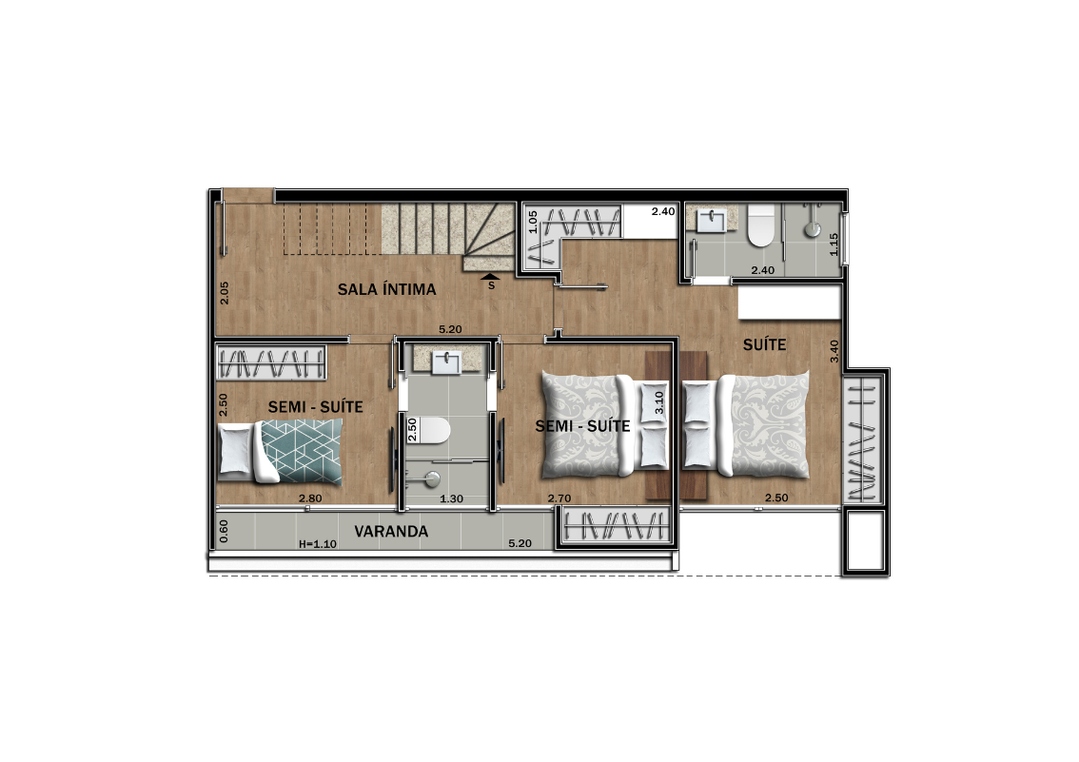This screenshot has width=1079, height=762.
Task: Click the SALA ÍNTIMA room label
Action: coord(386,289)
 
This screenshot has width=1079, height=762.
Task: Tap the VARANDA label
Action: coord(391,531)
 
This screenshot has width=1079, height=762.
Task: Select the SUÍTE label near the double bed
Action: coord(764,343)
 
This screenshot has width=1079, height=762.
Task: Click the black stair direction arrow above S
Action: coord(491,277)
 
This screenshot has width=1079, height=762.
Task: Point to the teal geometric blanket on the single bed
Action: coord(302,451)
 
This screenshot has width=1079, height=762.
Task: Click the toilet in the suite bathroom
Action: coord(761,225)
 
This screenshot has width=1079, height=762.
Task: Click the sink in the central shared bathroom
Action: coord(446,362)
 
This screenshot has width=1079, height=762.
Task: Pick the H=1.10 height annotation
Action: coord(317,544)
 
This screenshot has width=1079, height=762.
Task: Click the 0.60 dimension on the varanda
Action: coord(223,531)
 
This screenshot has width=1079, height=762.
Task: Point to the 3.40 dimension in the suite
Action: coord(834,351)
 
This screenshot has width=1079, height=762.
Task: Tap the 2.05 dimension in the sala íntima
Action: coord(225,292)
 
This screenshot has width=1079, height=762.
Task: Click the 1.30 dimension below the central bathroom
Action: coord(451,498)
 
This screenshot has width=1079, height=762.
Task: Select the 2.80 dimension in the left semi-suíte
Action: coord(309,498)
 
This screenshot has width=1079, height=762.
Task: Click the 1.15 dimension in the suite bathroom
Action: coord(834,244)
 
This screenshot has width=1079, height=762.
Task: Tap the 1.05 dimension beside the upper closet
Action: coord(533,223)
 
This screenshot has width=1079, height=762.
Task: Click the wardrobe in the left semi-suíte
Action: coord(270,362)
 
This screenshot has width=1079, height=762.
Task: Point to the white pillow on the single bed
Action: coord(235,451)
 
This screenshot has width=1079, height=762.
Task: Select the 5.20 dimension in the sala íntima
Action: coord(450,329)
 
